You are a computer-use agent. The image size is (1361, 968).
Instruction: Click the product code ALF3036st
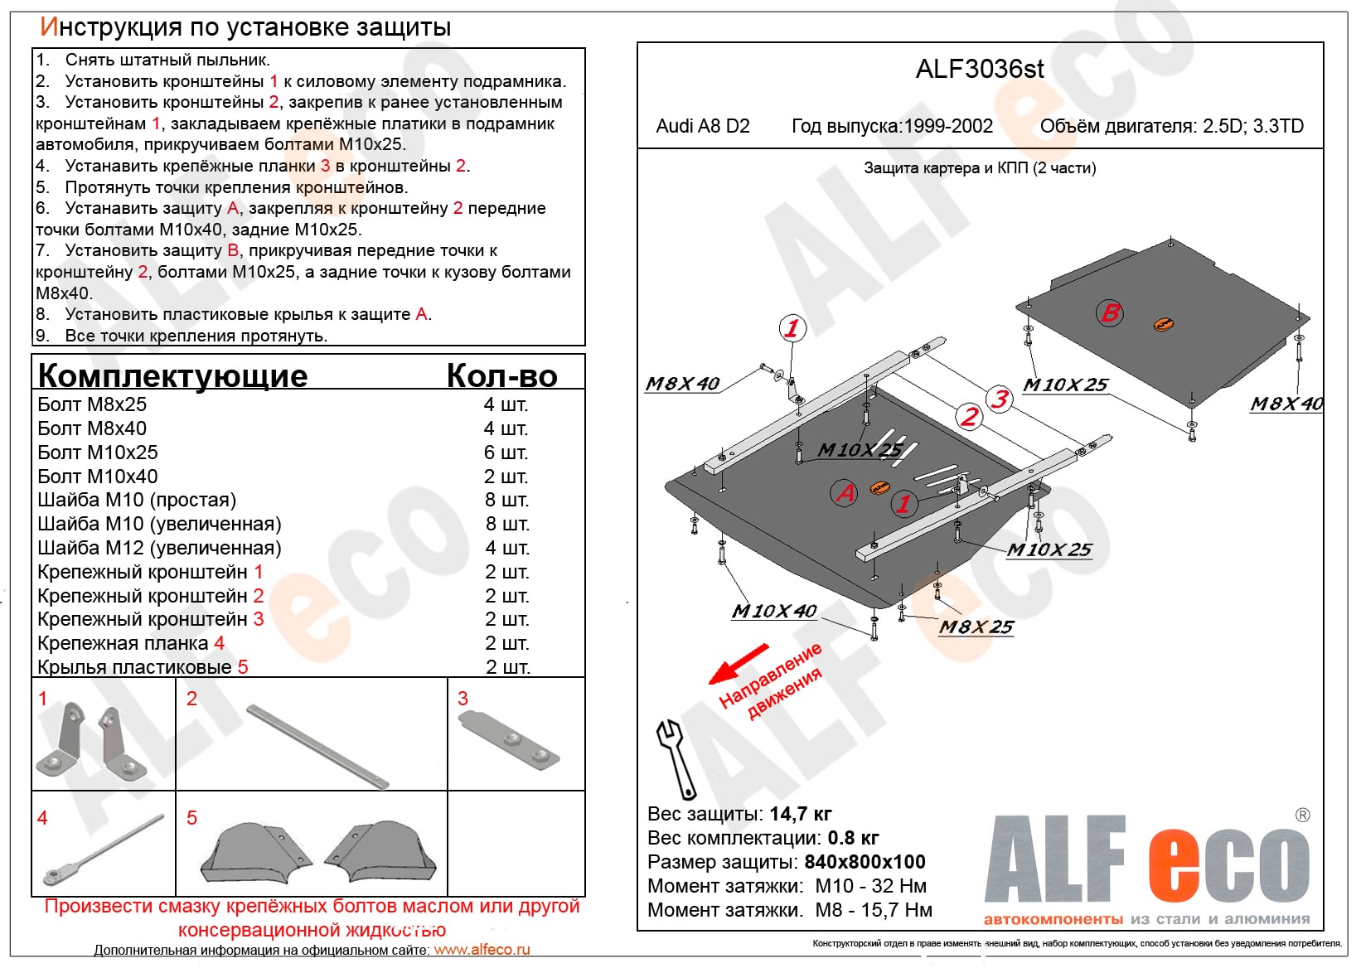tap(980, 69)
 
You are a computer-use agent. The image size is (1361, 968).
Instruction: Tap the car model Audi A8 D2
tap(703, 126)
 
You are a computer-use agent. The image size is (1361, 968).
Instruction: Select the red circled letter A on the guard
tap(845, 492)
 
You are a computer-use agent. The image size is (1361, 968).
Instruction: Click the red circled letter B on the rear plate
tap(1109, 312)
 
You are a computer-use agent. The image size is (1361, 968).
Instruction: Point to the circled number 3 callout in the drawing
tap(1000, 399)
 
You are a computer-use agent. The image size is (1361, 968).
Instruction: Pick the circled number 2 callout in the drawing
tap(968, 416)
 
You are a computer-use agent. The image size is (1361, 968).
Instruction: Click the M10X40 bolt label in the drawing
tap(773, 612)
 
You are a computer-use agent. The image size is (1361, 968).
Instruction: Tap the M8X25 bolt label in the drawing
tap(976, 627)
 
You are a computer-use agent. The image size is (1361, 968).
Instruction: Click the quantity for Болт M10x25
tap(506, 453)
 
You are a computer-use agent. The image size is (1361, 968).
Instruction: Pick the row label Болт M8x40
tap(92, 428)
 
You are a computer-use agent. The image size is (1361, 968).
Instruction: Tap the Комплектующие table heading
tap(172, 375)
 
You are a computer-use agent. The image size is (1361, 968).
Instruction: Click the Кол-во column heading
tap(501, 375)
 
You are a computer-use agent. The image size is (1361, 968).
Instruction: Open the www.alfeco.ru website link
tap(482, 950)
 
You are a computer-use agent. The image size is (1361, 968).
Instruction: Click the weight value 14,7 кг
tap(800, 814)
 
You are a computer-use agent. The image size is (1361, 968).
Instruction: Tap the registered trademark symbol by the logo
tap(1302, 816)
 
